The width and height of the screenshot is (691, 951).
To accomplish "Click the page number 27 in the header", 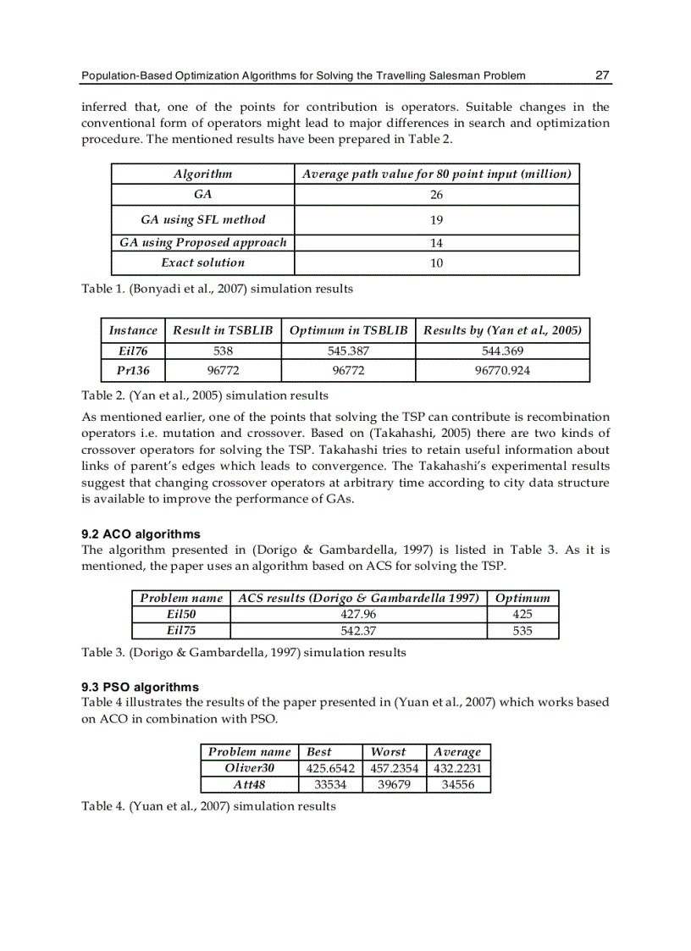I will click(602, 75).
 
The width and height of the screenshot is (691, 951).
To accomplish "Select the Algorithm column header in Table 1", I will click(202, 174).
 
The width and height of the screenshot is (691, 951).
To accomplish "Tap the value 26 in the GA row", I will click(436, 196).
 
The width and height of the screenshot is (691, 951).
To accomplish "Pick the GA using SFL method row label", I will click(202, 219).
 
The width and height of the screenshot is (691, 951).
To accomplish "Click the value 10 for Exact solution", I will click(436, 263).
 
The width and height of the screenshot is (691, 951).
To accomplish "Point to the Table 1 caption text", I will click(217, 289).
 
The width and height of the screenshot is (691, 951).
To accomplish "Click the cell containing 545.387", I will click(348, 351).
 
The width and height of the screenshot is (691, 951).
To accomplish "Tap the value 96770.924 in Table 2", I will click(502, 371).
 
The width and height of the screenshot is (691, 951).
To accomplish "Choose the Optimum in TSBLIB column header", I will click(348, 330).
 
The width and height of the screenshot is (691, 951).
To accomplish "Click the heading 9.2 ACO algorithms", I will click(141, 534).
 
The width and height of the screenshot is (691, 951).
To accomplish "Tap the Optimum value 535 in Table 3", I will click(522, 631).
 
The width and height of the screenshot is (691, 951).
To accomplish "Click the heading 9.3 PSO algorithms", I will click(140, 687).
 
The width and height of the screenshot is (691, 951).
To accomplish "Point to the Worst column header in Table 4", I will click(388, 752).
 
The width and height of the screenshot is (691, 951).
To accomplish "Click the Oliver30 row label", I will click(249, 769).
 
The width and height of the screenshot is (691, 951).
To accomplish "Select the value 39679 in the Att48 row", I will click(394, 785).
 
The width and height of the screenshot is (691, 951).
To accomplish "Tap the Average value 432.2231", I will click(458, 769).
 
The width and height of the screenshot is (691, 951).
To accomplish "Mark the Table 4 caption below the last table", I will click(208, 806).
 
